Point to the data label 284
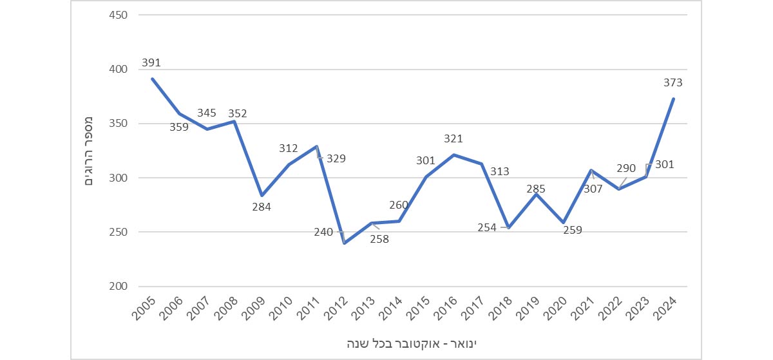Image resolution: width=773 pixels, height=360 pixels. (262, 207)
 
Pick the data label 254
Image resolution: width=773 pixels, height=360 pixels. (487, 227)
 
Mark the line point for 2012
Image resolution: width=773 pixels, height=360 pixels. (345, 243)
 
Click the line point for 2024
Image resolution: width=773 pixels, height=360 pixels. (674, 99)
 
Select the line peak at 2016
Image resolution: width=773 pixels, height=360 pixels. (454, 155)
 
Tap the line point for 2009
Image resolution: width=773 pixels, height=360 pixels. (262, 195)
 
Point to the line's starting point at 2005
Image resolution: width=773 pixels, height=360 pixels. (152, 79)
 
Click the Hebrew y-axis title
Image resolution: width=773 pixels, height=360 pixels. (90, 150)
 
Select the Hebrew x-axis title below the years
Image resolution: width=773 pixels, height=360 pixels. (413, 341)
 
